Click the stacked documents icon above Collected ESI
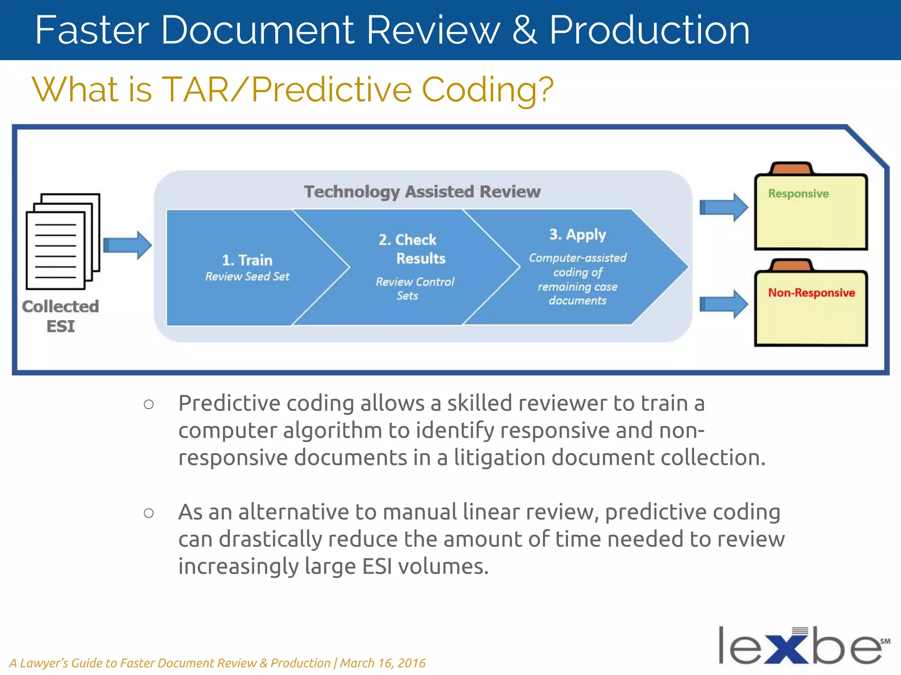[62, 241]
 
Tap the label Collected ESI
[61, 316]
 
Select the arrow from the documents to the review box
[128, 245]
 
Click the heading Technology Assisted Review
[422, 192]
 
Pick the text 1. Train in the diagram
[247, 260]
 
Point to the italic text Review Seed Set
[247, 276]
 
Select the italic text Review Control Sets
[414, 289]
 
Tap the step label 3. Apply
[577, 235]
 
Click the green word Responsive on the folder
[798, 194]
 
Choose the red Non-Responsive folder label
[811, 293]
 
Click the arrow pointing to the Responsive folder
[723, 207]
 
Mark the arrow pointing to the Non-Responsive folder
[723, 304]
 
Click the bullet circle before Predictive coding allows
[149, 404]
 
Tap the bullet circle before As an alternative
[149, 513]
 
